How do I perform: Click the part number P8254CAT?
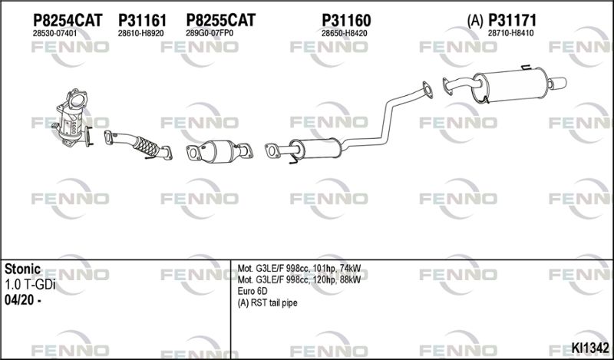point(68,20)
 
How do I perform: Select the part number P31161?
point(142,20)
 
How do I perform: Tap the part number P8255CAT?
point(220,20)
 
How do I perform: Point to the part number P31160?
point(346,20)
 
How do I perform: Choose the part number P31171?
point(512,20)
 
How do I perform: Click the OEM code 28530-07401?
point(54,34)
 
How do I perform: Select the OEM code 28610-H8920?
point(140,34)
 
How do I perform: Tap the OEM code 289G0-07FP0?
point(210,34)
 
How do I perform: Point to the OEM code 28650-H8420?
point(344,34)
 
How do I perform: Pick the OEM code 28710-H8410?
point(510,34)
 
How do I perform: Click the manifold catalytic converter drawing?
point(72,118)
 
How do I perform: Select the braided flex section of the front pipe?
point(146,147)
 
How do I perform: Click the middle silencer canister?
point(315,148)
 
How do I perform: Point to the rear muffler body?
point(510,85)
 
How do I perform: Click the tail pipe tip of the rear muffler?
point(557,83)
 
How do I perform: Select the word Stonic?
point(22,269)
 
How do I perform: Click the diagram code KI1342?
point(590,348)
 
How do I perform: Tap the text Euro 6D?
point(253,292)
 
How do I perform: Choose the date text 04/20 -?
point(23,300)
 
